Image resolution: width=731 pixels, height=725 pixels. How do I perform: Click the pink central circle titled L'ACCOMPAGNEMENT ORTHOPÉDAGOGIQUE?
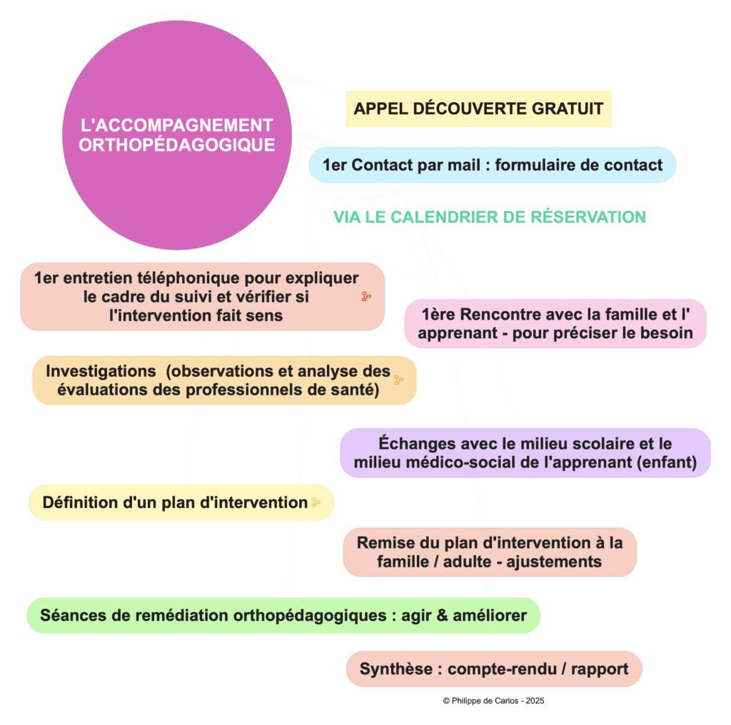[x=176, y=135]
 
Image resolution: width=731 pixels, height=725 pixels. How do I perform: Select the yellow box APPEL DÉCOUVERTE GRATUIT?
[x=478, y=109]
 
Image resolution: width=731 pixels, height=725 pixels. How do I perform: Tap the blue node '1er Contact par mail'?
[x=492, y=166]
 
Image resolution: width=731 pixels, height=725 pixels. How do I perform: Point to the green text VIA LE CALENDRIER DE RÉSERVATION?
[x=490, y=217]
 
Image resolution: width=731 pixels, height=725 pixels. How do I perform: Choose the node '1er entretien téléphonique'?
[x=202, y=296]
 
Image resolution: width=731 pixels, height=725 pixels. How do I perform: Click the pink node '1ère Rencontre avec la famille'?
[x=555, y=323]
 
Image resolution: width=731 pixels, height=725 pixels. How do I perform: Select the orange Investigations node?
[x=224, y=380]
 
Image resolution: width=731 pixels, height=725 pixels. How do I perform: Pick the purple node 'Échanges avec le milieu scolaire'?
[x=525, y=453]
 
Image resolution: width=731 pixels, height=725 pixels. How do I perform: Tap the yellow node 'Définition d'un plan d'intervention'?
[x=181, y=502]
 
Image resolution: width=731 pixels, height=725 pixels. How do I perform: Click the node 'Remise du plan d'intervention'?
[x=489, y=552]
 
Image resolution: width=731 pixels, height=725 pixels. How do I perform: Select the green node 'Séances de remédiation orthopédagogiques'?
[x=283, y=615]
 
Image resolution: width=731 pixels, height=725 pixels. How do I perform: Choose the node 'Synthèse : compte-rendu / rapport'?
[x=493, y=669]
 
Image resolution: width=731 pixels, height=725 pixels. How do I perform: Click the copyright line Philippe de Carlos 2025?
[x=493, y=701]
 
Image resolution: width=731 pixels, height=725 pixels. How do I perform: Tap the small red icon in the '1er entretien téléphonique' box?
[x=366, y=296]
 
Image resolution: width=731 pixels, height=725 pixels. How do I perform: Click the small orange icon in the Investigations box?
[x=398, y=380]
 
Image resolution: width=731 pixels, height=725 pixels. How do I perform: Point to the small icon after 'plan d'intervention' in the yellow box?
[x=316, y=502]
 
